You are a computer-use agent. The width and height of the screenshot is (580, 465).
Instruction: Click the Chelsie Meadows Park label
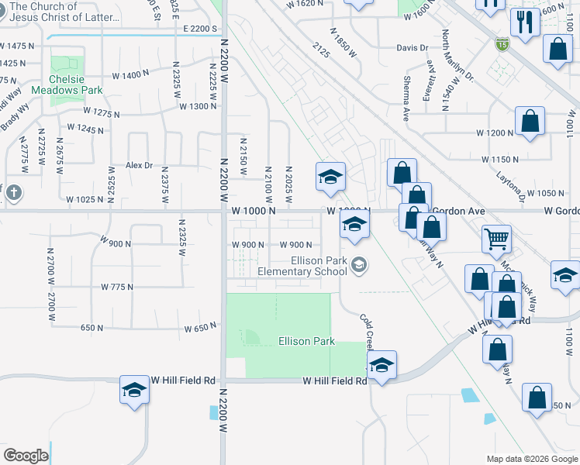[66, 84]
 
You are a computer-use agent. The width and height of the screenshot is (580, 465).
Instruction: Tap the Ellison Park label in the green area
[306, 341]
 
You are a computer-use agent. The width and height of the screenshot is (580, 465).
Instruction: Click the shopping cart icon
[495, 239]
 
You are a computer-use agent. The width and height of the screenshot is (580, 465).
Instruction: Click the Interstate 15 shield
[502, 45]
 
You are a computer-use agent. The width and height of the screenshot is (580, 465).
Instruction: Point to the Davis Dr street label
[412, 47]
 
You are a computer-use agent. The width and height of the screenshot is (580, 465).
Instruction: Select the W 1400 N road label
[130, 75]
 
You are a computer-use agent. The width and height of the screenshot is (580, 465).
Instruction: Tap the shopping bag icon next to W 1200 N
[530, 122]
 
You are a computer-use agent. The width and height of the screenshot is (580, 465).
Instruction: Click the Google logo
[26, 456]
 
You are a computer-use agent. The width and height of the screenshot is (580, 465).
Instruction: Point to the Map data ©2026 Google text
[532, 459]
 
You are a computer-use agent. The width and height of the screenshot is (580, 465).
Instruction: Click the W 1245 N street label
[85, 128]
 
